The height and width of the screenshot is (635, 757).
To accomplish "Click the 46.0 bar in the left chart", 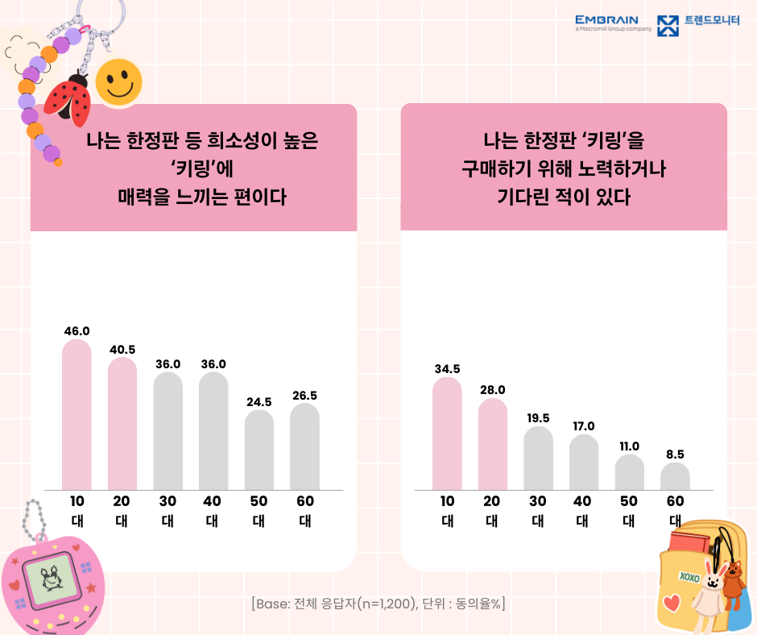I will click(x=77, y=415).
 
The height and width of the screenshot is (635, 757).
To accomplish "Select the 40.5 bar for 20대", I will click(x=122, y=424).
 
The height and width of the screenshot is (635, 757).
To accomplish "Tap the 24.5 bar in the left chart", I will click(x=259, y=450).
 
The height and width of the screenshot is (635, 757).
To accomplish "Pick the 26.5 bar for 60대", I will click(x=304, y=447).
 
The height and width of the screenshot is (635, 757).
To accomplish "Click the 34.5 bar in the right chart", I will click(x=447, y=434).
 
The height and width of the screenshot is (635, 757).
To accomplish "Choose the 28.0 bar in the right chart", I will click(x=493, y=445).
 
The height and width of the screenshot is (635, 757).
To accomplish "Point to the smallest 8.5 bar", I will click(x=675, y=477).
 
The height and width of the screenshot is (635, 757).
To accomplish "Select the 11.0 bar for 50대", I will click(x=629, y=473).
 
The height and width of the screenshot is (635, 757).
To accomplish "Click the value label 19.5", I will click(x=538, y=418).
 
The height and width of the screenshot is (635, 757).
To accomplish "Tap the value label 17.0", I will click(x=584, y=426).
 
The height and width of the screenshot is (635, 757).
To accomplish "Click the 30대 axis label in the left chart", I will click(x=168, y=511).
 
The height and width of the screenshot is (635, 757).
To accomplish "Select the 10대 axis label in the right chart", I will click(x=447, y=511).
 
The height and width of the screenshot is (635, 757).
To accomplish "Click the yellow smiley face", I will click(x=118, y=81).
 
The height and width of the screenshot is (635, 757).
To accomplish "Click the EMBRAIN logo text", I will click(x=607, y=20).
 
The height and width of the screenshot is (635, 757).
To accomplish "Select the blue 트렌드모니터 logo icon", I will click(x=668, y=26).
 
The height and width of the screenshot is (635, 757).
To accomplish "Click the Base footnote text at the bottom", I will click(x=378, y=604).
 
